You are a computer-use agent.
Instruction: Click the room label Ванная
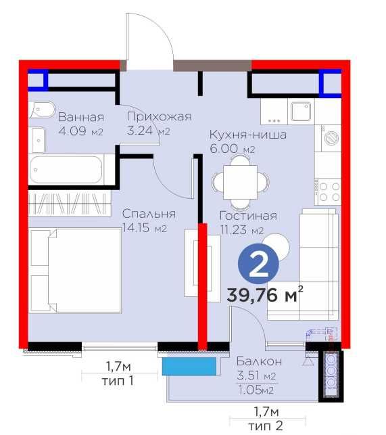[81, 117]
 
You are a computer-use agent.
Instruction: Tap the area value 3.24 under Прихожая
[139, 131]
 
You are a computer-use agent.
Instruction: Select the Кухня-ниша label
[248, 135]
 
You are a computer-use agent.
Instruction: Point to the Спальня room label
[149, 214]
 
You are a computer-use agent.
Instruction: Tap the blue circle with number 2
[258, 264]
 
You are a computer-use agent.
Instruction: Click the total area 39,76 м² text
[265, 294]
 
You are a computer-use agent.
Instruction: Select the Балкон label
[260, 361]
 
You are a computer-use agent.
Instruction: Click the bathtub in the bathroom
[66, 170]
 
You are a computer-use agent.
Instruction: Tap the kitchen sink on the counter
[301, 111]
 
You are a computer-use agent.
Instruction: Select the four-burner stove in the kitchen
[328, 191]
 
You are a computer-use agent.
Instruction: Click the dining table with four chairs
[241, 182]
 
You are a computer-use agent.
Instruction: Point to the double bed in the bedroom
[76, 271]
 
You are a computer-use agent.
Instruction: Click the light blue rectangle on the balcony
[189, 366]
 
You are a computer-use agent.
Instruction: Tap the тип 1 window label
[118, 381]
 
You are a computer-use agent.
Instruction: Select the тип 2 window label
[265, 426]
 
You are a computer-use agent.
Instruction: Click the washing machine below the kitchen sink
[331, 138]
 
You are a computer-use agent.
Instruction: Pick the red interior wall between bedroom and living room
[203, 287]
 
